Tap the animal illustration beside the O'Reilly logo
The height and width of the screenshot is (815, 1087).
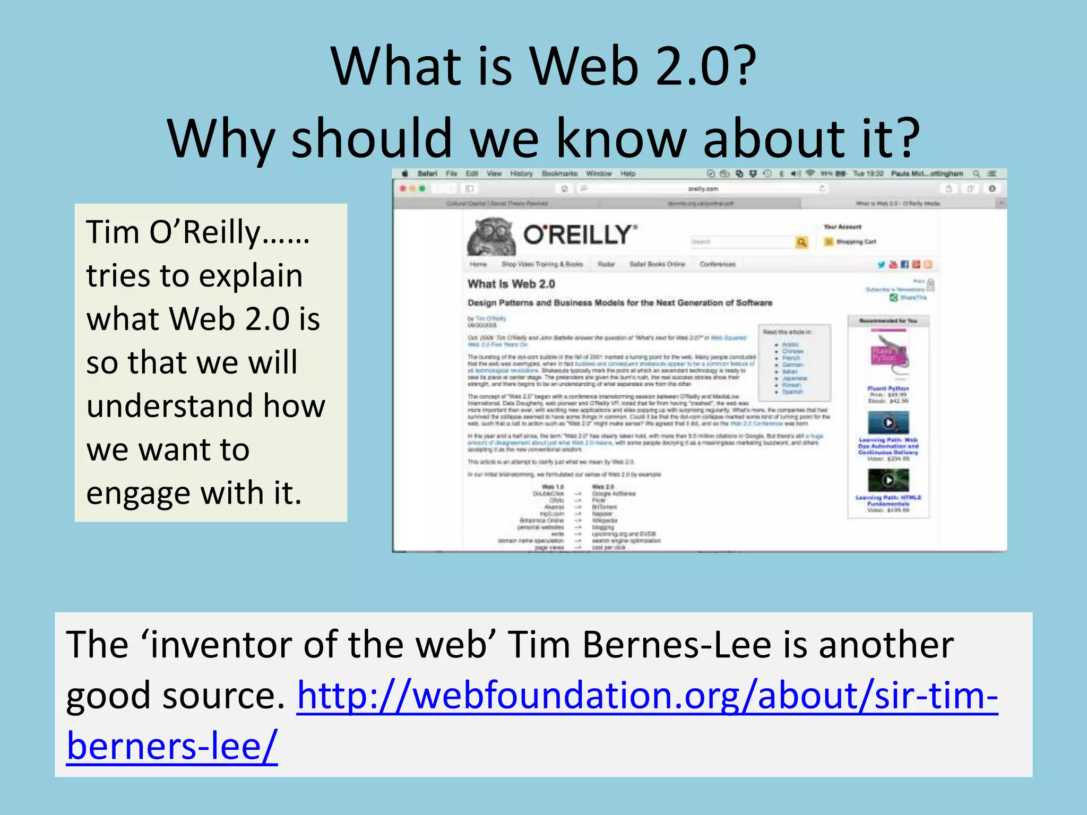point(491,237)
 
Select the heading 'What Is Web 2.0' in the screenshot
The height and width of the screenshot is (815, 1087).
point(511,284)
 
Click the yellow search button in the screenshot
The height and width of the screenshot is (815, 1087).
point(801,242)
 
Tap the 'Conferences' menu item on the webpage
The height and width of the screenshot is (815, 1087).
point(718,264)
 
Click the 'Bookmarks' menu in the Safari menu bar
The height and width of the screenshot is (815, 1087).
point(559,174)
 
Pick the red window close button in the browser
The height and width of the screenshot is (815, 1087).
point(403,188)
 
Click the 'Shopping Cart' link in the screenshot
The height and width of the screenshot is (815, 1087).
point(856,242)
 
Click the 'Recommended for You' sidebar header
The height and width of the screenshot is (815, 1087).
point(888,320)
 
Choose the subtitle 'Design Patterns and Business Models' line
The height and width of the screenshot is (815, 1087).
point(620,303)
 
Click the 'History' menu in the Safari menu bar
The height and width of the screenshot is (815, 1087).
point(521,174)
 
